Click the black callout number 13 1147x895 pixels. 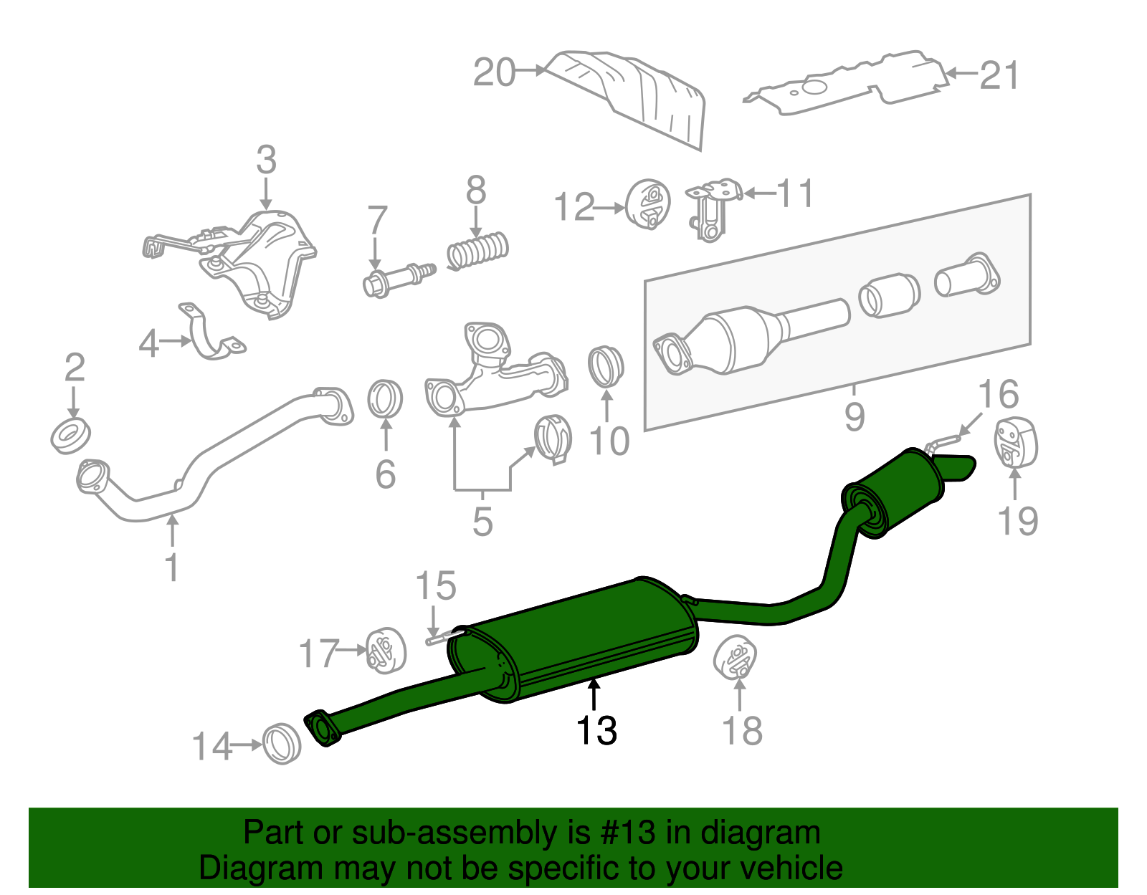pyautogui.click(x=596, y=731)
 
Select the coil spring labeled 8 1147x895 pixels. pyautogui.click(x=478, y=251)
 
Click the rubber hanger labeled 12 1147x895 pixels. pyautogui.click(x=647, y=206)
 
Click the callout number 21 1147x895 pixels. pyautogui.click(x=999, y=75)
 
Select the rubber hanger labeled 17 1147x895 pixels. pyautogui.click(x=386, y=651)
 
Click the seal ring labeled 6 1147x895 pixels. pyautogui.click(x=385, y=400)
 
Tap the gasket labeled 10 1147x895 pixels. pyautogui.click(x=606, y=366)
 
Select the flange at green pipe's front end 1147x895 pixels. pyautogui.click(x=322, y=729)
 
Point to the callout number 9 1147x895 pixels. pyautogui.click(x=854, y=416)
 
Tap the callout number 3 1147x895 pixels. pyautogui.click(x=266, y=161)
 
